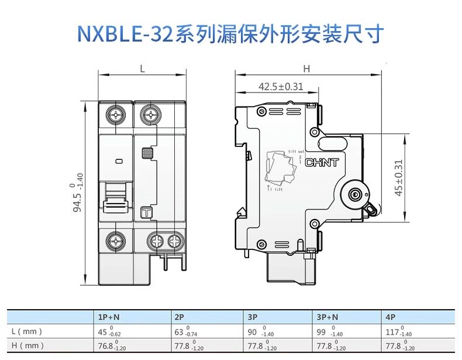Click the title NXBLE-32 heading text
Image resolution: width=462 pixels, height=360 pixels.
pos(230,33)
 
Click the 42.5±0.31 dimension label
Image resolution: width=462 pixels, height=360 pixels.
pos(281,87)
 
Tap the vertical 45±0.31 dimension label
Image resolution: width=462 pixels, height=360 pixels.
pos(399,179)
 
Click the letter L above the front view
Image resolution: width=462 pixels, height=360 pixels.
pos(142,68)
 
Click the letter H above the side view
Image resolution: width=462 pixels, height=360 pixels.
pos(306,68)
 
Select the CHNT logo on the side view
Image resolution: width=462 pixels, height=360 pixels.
pos(322,162)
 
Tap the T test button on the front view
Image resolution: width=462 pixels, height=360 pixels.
pos(146,212)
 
